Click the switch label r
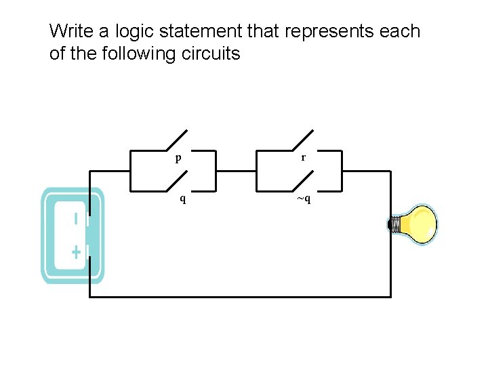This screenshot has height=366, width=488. [303, 157]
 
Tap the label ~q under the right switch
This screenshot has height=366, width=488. [303, 199]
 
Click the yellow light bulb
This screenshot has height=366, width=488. [417, 224]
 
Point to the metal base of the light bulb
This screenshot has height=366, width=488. [393, 224]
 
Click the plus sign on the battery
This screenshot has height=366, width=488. [76, 252]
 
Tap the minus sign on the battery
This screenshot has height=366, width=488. [76, 219]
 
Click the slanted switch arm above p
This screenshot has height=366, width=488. [176, 140]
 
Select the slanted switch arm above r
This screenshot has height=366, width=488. [303, 140]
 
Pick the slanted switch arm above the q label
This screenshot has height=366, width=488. [176, 181]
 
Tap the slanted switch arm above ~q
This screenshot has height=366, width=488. [303, 181]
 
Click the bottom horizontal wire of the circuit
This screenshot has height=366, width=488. [241, 296]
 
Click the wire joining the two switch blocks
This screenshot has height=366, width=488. [236, 171]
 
